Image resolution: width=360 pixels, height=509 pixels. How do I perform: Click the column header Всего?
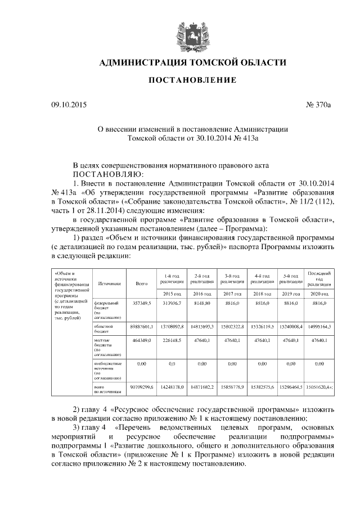(x=142, y=284)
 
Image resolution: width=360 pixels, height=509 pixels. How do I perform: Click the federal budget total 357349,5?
(x=142, y=303)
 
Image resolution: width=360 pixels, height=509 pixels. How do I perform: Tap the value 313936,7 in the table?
(x=172, y=303)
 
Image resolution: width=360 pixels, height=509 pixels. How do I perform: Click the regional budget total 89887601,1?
(x=142, y=326)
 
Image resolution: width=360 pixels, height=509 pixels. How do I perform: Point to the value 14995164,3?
(x=319, y=326)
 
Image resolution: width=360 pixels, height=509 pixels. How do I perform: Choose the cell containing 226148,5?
(x=172, y=341)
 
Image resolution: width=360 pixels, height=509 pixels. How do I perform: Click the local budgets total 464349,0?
(x=142, y=341)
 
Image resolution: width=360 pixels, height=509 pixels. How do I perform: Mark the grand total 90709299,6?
(x=142, y=388)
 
